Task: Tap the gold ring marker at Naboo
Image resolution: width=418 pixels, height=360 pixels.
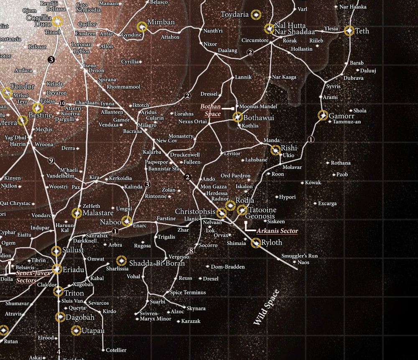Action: (x=126, y=221)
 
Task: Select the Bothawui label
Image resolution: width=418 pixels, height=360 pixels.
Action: (x=258, y=118)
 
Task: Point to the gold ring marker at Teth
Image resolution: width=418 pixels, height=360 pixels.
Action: (x=349, y=31)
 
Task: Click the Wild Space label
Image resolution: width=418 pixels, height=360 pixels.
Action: (x=266, y=307)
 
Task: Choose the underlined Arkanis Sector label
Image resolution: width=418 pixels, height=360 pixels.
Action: (x=277, y=231)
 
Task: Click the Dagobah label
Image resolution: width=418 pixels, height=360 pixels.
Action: (x=80, y=317)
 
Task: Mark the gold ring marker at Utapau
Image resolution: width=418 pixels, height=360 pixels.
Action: (x=76, y=331)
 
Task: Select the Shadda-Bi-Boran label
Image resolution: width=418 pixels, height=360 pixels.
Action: (x=157, y=263)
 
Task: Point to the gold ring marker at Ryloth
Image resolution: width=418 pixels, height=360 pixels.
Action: (x=256, y=243)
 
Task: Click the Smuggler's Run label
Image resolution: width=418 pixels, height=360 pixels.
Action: (x=299, y=255)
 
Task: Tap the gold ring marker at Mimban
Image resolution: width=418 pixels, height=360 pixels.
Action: (x=143, y=27)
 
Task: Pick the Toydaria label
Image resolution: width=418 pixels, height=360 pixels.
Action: (x=234, y=15)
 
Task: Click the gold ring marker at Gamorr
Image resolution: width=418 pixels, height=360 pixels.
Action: (x=322, y=115)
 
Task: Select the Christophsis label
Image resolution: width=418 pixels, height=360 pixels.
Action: (x=195, y=212)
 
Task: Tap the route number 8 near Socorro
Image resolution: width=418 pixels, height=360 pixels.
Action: (x=191, y=251)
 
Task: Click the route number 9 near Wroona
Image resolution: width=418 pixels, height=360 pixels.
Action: (x=51, y=160)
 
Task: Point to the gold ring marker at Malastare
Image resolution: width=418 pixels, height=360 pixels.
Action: (x=76, y=213)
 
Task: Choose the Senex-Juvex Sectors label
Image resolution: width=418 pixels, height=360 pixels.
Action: (x=33, y=276)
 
